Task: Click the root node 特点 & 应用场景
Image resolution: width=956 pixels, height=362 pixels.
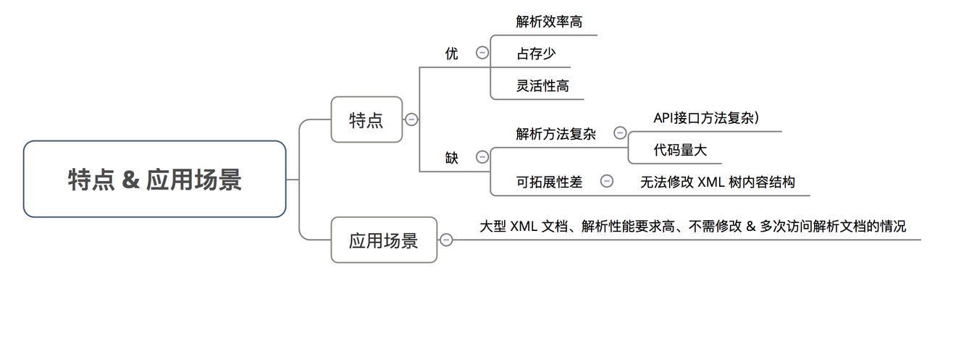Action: [x=154, y=179]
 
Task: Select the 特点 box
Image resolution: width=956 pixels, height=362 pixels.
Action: [x=366, y=119]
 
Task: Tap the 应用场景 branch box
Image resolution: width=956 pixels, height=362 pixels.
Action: [x=384, y=240]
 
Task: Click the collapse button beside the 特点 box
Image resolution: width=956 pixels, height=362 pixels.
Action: [x=411, y=119]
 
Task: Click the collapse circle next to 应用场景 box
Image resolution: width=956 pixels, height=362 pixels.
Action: [x=446, y=240]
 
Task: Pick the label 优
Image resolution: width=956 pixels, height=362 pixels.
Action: [x=452, y=54]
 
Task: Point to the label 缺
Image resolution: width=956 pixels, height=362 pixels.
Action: [x=452, y=158]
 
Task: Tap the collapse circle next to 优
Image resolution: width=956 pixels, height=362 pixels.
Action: [x=482, y=52]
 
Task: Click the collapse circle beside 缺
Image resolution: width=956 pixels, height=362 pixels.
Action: [x=482, y=157]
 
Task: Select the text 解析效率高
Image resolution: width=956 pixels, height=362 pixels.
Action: [x=549, y=22]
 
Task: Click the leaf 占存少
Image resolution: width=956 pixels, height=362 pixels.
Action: [x=536, y=54]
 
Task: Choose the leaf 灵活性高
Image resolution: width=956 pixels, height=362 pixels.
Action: [x=542, y=85]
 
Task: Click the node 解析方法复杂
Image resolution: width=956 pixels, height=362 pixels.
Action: [x=555, y=134]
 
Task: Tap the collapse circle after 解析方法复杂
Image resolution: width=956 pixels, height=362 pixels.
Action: [x=620, y=132]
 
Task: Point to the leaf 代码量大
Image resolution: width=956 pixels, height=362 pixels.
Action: [x=680, y=150]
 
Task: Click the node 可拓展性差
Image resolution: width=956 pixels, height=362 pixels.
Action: [x=549, y=182]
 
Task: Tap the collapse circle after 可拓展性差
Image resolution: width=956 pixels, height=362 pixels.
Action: [x=607, y=181]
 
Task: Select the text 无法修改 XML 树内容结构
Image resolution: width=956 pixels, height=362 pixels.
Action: [x=717, y=182]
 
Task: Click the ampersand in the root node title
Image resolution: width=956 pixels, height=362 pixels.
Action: [x=130, y=180]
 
